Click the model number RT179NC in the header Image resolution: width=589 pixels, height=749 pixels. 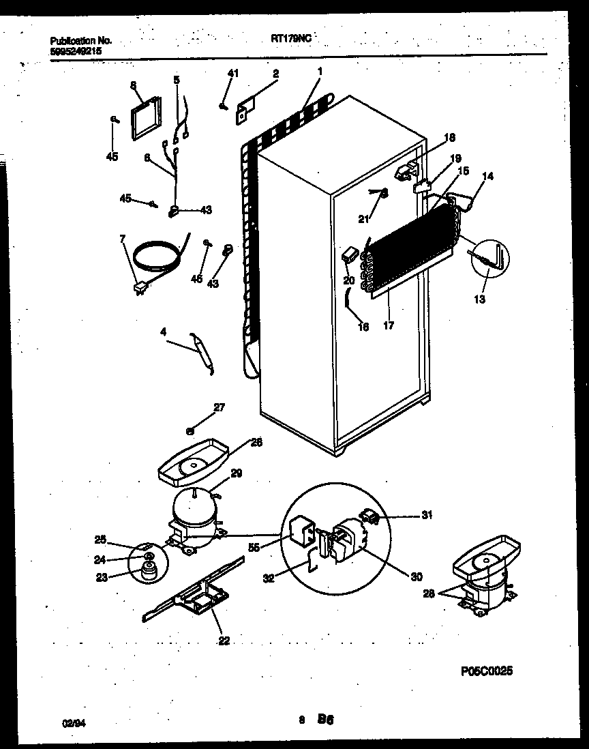(x=290, y=40)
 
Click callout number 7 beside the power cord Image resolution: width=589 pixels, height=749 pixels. (x=123, y=238)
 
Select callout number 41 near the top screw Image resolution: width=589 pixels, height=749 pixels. (x=232, y=73)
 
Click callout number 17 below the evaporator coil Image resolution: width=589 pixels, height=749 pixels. (x=389, y=326)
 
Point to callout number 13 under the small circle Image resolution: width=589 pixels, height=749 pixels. (x=480, y=299)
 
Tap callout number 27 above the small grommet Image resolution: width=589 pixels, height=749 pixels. (x=219, y=408)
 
